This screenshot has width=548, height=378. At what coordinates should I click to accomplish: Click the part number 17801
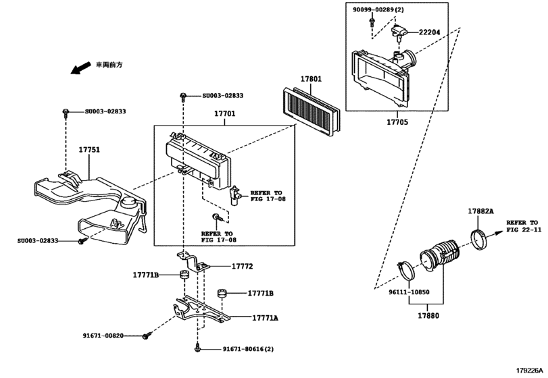[x=312, y=79]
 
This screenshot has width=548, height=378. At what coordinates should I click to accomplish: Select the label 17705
[x=399, y=123]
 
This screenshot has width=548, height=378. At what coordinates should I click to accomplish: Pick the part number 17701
[x=225, y=115]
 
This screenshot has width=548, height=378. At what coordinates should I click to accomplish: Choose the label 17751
[x=89, y=149]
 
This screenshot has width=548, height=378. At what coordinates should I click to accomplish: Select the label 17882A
[x=480, y=211]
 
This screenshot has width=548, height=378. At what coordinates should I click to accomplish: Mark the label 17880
[x=427, y=315]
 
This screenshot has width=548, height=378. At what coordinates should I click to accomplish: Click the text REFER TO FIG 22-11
[x=524, y=225]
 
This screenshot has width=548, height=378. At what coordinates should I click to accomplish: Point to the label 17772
[x=241, y=267]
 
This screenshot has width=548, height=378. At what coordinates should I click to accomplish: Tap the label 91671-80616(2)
[x=248, y=349]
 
